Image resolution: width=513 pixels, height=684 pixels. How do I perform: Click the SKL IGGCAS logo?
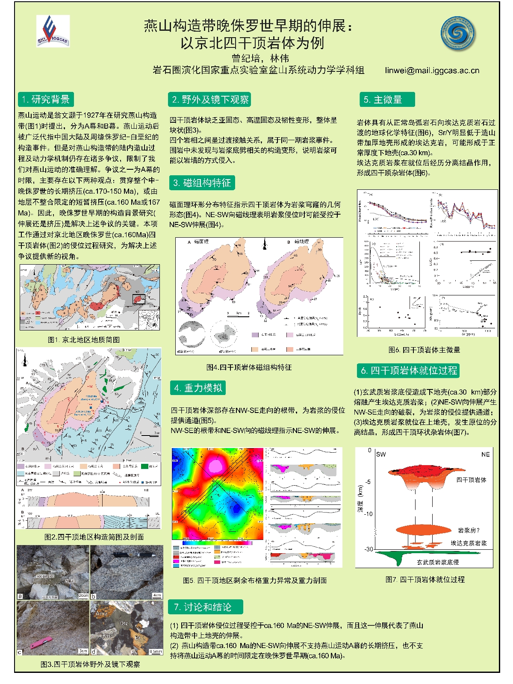pos(53,31)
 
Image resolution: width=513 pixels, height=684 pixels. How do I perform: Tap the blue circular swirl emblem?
pos(458,33)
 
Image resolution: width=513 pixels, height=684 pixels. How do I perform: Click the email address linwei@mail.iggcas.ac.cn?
pos(432,71)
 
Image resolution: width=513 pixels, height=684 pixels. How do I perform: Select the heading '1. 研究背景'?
pos(46,100)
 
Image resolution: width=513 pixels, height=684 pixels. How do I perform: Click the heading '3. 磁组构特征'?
pos(202,183)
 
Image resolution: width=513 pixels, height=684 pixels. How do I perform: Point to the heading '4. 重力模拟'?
pos(198,388)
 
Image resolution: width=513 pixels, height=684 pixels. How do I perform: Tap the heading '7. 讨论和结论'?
pos(206,607)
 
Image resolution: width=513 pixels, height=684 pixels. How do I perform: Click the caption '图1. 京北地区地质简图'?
pos(84,339)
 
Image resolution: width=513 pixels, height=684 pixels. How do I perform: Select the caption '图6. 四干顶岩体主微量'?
pos(424,350)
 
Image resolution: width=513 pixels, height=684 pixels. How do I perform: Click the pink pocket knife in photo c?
pos(41,641)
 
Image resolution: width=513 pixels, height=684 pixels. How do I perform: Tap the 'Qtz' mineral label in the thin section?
pos(124,623)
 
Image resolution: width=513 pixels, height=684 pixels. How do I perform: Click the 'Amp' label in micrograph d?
pos(102,613)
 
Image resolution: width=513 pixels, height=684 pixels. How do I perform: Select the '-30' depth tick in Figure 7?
pos(369,549)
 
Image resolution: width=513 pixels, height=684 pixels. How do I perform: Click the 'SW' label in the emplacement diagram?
pos(380,454)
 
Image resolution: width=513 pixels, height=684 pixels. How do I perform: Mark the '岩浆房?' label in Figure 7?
pos(469,531)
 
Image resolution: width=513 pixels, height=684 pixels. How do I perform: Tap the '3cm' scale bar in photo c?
pos(83,651)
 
